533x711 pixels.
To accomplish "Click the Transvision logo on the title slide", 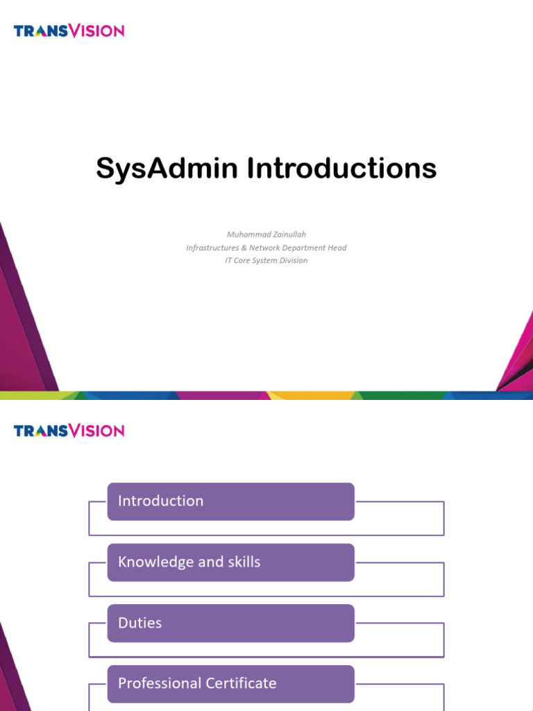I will coord(69,31).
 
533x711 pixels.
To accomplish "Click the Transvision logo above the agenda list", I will coord(69,430).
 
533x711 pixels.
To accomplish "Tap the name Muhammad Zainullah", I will coord(266,235).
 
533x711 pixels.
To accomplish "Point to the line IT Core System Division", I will coord(266,260).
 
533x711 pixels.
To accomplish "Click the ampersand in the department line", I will coord(244,248).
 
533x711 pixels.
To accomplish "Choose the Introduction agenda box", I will coord(230,501).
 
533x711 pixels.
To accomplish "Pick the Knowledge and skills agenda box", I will coord(230,562).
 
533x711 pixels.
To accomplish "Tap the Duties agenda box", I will coord(230,623).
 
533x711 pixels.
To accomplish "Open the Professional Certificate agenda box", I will coord(230,684).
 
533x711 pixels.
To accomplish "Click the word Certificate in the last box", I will coord(243,684).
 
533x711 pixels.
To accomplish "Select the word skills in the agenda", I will coord(243,562).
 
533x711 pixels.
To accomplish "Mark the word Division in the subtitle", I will coord(292,260).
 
